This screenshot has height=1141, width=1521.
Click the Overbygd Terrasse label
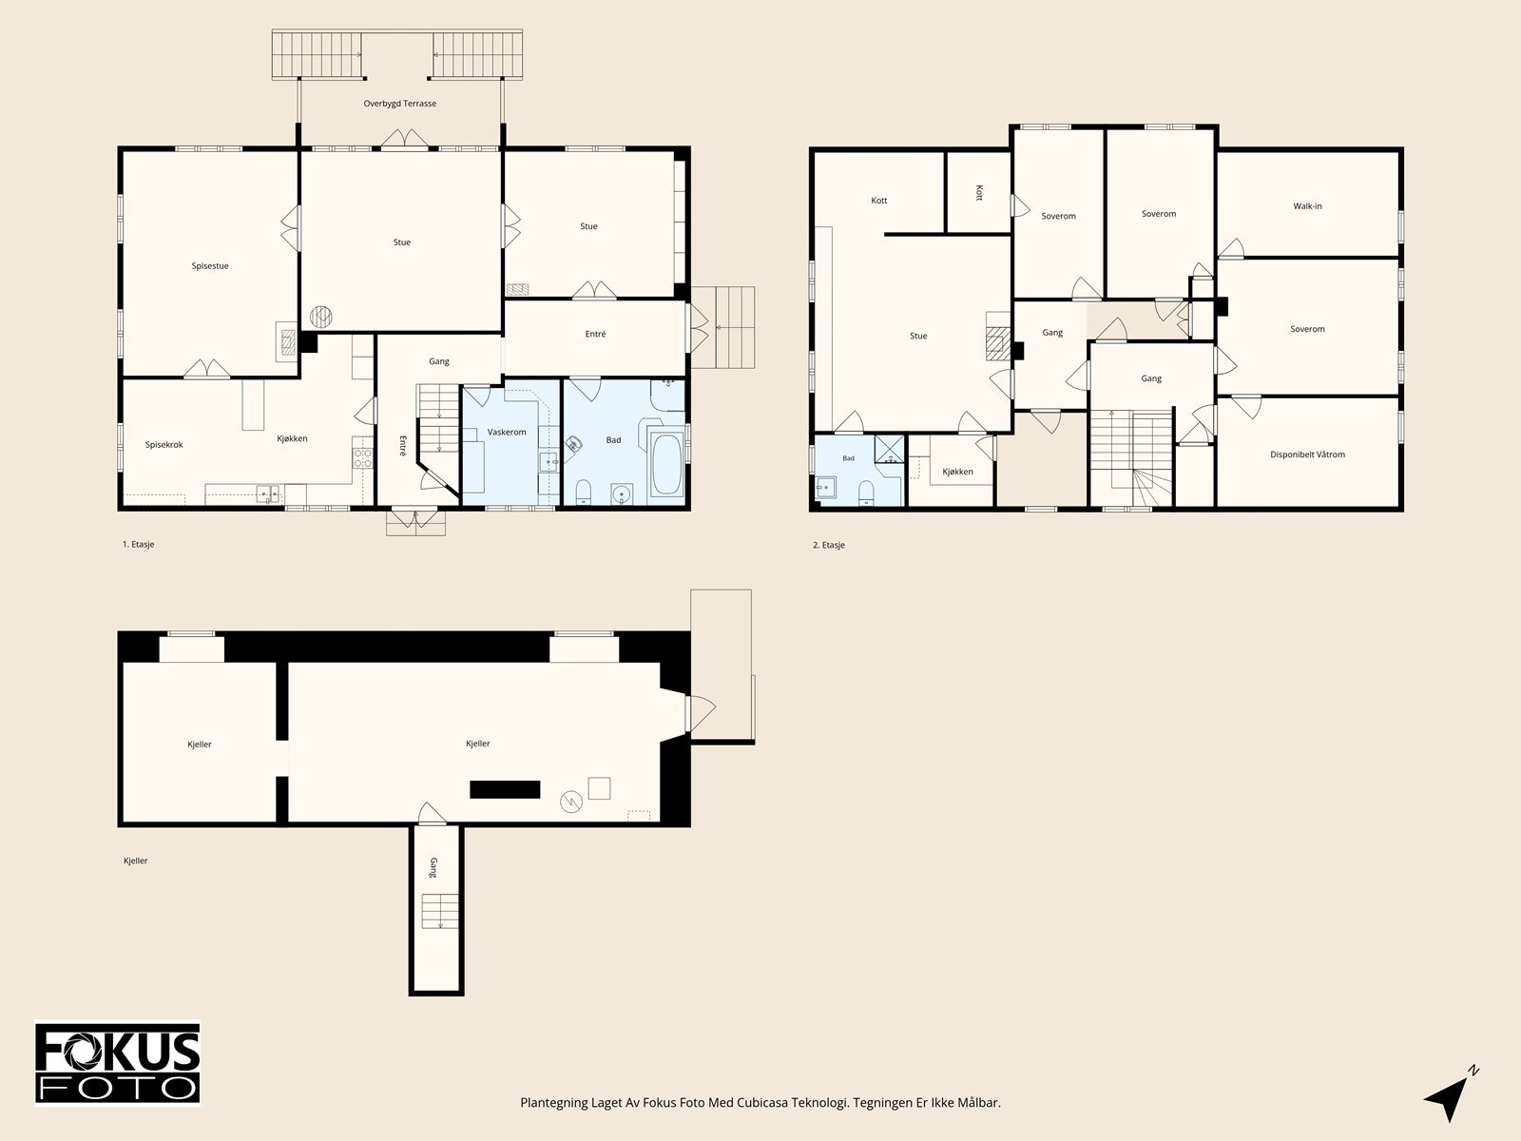400,104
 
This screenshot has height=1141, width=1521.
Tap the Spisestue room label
210,266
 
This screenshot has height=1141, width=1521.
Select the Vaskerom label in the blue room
507,433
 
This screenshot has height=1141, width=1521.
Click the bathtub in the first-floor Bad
666,464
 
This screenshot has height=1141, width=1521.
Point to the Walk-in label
1307,205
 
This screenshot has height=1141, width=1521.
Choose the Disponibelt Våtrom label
1307,454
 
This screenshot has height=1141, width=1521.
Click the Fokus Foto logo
118,1064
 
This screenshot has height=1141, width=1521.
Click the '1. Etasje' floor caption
139,545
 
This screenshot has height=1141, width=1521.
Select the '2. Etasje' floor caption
829,545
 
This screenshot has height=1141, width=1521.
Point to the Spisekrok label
164,445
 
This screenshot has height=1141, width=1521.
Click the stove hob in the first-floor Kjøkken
363,458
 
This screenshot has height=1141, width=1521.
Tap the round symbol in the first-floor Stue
320,317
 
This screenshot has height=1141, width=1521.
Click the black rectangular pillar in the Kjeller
505,790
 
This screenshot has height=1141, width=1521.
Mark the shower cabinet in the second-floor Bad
890,449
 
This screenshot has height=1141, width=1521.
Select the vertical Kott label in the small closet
979,193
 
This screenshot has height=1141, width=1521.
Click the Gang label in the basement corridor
433,867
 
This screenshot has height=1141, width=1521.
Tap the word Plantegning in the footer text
554,1103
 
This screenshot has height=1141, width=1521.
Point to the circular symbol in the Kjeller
571,803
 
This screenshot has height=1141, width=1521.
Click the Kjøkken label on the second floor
957,472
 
